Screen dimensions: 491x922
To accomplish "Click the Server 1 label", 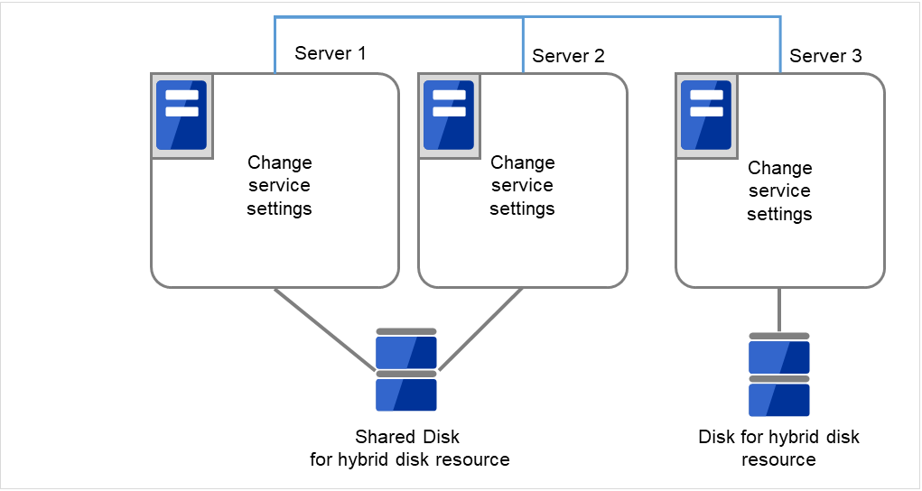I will [x=330, y=53].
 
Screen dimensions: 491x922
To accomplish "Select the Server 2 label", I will [x=568, y=56].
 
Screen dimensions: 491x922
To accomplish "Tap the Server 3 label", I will [x=825, y=56].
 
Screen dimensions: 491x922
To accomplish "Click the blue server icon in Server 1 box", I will [x=182, y=116].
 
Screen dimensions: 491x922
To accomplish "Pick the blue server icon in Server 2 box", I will [x=449, y=116].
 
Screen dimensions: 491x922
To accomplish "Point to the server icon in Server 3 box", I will [x=705, y=116].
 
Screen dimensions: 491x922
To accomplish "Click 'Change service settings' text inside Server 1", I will [x=279, y=186].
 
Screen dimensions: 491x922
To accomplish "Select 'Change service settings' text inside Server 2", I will [x=522, y=186].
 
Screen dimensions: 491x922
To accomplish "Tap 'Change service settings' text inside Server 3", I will [x=779, y=191].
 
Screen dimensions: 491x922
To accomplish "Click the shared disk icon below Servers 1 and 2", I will [x=406, y=370].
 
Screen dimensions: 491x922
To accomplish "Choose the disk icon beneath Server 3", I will [x=779, y=375].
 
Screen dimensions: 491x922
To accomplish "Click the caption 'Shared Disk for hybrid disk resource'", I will [x=409, y=449].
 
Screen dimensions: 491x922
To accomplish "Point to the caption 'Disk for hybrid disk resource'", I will [x=778, y=449].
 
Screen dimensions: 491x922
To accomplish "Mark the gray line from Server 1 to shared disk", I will [x=325, y=329].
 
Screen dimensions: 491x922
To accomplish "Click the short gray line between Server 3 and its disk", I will [x=779, y=310].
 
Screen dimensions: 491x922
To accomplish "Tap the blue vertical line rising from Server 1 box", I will [x=274, y=45].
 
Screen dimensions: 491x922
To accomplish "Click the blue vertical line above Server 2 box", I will [x=524, y=45].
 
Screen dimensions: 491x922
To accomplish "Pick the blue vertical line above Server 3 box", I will [x=779, y=45].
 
